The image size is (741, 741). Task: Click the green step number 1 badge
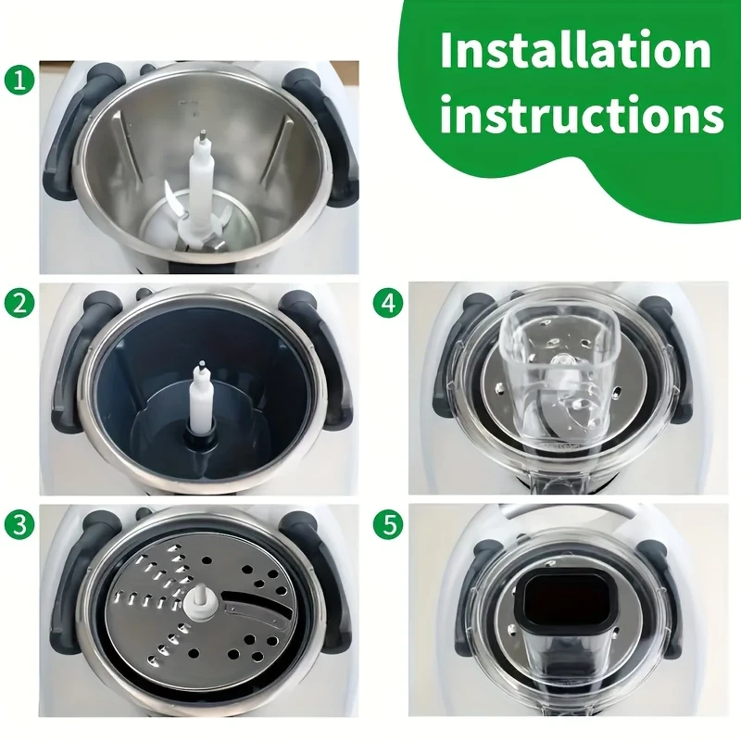(x=19, y=80)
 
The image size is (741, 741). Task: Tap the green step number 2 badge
(x=19, y=304)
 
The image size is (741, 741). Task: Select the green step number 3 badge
(x=19, y=525)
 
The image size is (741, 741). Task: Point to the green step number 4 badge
(x=388, y=303)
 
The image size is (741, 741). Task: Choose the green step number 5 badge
(x=388, y=525)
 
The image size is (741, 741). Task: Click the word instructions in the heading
(x=582, y=117)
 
